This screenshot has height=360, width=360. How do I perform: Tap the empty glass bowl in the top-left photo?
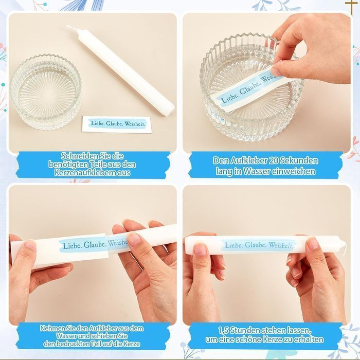[46, 92]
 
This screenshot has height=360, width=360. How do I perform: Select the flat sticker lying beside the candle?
[117, 124]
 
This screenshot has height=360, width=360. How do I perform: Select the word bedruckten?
[73, 344]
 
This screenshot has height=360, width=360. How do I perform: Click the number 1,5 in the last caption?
[223, 330]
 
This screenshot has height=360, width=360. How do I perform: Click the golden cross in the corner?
[351, 6]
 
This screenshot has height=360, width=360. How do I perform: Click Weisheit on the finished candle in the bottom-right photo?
[281, 245]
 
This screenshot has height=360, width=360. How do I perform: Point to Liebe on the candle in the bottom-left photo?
[71, 245]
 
